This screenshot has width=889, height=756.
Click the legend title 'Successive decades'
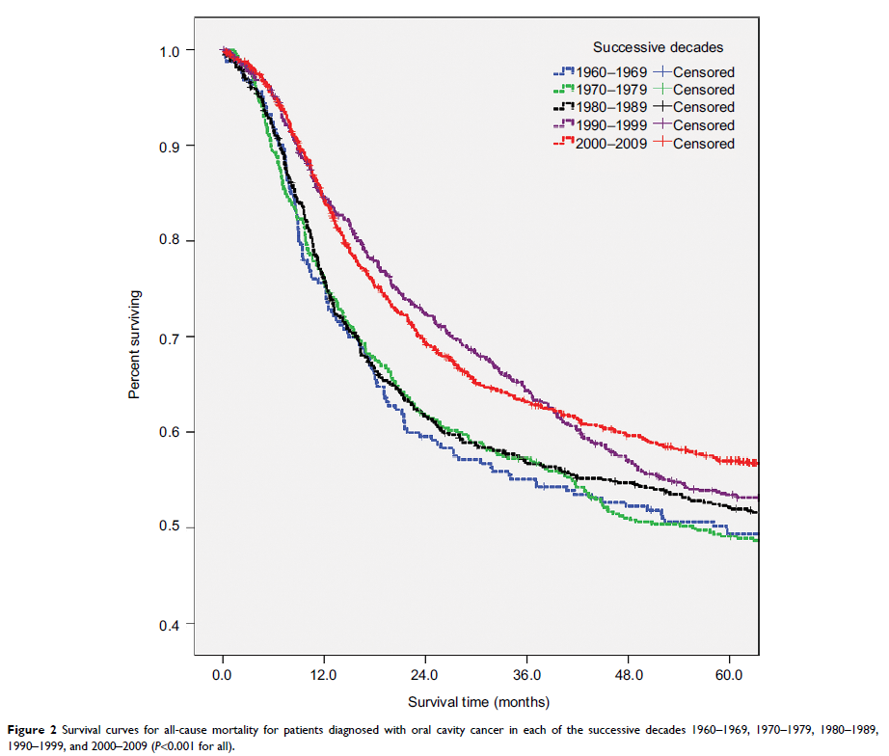pos(658,46)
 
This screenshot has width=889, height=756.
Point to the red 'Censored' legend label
pos(704,144)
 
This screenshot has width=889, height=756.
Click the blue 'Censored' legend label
pos(704,71)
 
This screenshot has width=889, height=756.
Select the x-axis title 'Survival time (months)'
pos(478,701)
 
